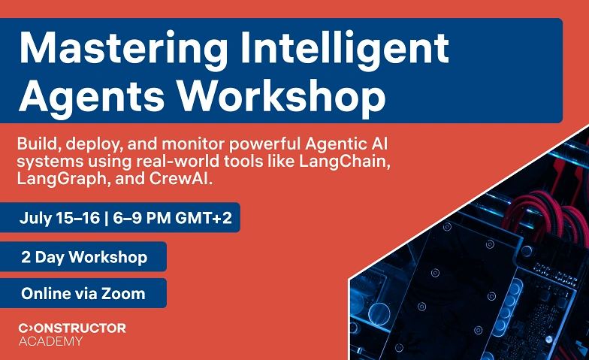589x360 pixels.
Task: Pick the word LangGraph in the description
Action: [x=62, y=179]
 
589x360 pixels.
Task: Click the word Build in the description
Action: [x=37, y=144]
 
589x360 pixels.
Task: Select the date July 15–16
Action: [x=60, y=218]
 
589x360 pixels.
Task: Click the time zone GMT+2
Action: [x=203, y=218]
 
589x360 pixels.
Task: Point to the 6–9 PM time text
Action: [x=141, y=218]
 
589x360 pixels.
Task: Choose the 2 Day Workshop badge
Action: [x=83, y=257]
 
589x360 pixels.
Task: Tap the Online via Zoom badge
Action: [x=83, y=293]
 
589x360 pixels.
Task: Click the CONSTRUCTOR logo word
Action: [x=72, y=328]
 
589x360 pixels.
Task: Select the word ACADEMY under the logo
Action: [x=50, y=341]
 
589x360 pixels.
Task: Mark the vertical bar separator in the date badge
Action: [x=107, y=218]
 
